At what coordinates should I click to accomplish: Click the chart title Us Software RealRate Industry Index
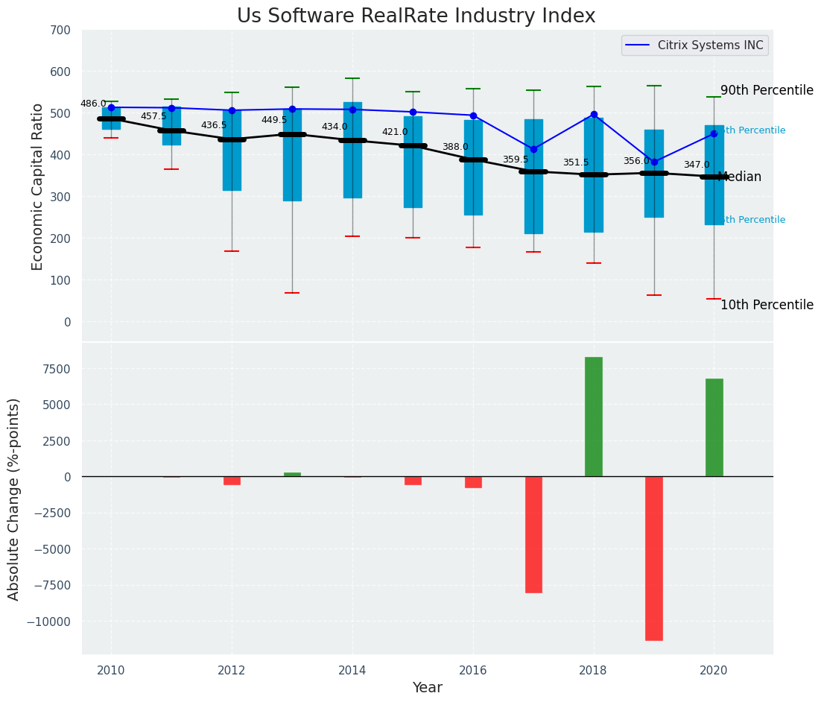[x=416, y=16]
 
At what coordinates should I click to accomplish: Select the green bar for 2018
[x=594, y=417]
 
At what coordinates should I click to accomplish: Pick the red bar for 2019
[x=654, y=558]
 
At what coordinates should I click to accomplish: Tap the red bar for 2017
[x=533, y=534]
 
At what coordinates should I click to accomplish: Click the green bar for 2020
[x=714, y=428]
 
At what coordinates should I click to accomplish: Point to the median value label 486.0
[x=93, y=104]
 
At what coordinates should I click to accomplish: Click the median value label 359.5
[x=515, y=159]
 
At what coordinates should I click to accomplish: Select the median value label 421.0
[x=395, y=132]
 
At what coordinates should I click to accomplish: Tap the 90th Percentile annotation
[x=767, y=90]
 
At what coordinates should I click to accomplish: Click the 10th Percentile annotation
[x=767, y=305]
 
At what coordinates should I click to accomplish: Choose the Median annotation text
[x=739, y=177]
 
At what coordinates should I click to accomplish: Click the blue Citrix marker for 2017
[x=533, y=149]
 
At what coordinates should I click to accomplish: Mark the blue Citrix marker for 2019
[x=654, y=162]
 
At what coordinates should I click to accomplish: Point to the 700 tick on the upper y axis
[x=60, y=30]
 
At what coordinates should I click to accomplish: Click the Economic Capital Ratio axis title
[x=37, y=176]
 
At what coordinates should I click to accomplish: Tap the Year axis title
[x=428, y=688]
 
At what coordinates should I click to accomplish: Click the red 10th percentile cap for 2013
[x=292, y=293]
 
